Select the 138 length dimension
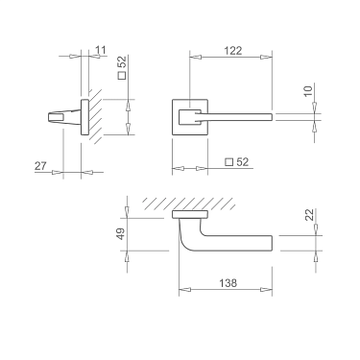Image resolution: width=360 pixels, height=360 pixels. pyautogui.click(x=228, y=283)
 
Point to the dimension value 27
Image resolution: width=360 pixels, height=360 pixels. pyautogui.click(x=41, y=166)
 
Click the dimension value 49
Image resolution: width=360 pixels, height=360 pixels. pyautogui.click(x=121, y=234)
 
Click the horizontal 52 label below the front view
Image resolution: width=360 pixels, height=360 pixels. pyautogui.click(x=243, y=162)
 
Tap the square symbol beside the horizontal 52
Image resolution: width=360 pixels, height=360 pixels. pyautogui.click(x=228, y=162)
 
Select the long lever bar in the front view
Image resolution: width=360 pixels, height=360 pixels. pyautogui.click(x=240, y=117)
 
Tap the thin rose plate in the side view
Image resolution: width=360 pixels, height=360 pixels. pyautogui.click(x=86, y=117)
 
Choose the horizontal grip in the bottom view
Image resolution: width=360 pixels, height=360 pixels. pyautogui.click(x=240, y=241)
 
